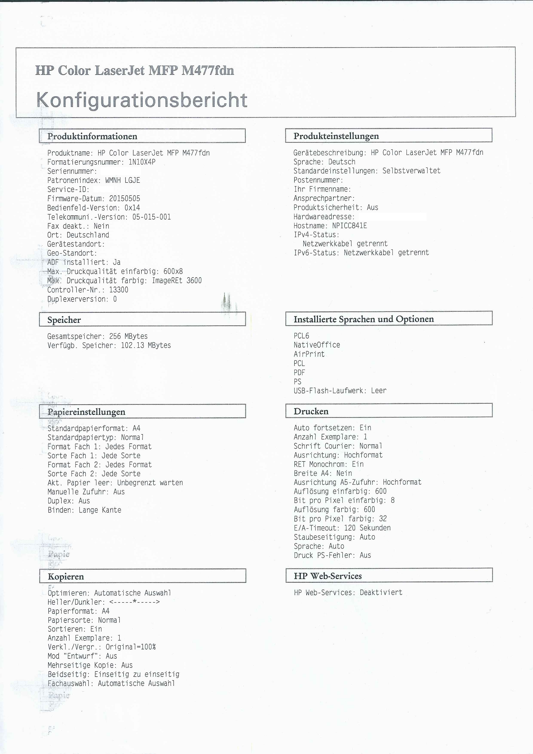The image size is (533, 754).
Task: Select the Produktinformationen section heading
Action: tap(92, 136)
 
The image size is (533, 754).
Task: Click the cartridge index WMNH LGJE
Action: tap(123, 180)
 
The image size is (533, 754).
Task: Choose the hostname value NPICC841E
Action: tap(349, 226)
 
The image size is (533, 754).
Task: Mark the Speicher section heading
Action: tap(64, 320)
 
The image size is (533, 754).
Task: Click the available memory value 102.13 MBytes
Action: tap(146, 345)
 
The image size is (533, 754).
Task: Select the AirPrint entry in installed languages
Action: tap(309, 354)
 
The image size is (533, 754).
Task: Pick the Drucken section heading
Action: tap(311, 411)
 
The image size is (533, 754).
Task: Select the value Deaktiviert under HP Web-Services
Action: tap(381, 592)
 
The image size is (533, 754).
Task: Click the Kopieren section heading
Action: tap(66, 576)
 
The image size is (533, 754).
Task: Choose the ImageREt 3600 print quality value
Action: tap(177, 281)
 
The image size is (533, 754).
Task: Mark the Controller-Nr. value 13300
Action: tap(119, 290)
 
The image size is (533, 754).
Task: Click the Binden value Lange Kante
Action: tap(100, 510)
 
